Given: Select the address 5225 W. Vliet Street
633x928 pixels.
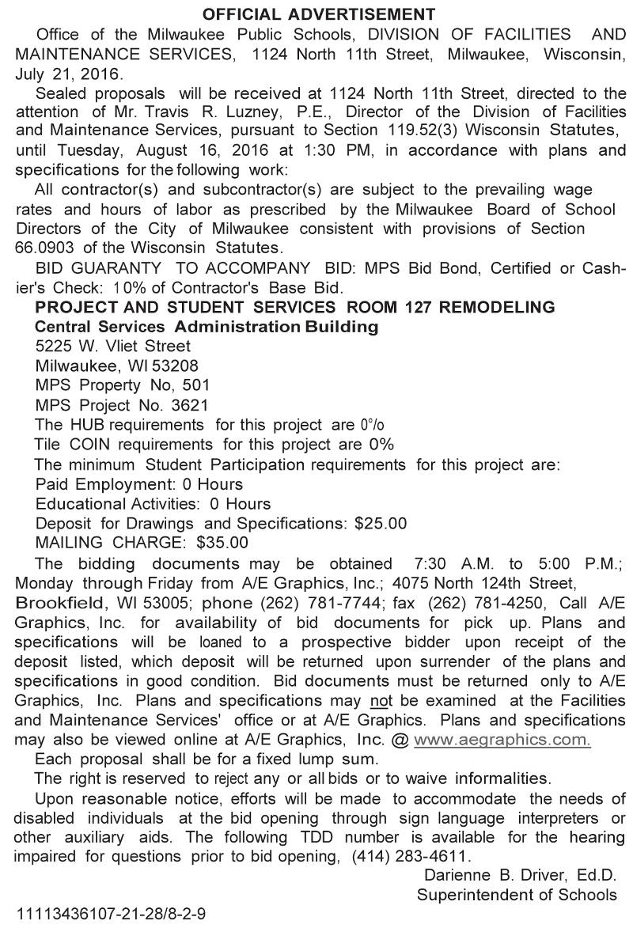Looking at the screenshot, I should click(x=113, y=346).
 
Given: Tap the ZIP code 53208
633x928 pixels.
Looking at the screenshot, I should click(x=174, y=366).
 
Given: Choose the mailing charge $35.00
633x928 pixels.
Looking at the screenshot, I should click(x=222, y=543).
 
